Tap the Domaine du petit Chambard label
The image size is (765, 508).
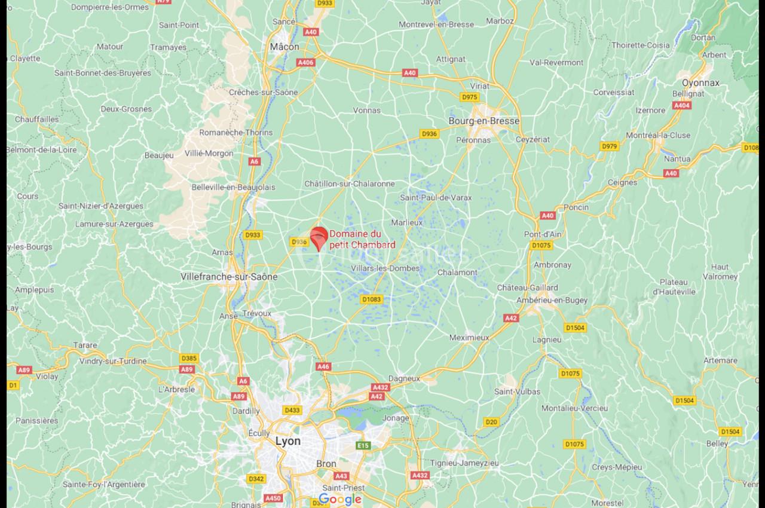coord(362,240)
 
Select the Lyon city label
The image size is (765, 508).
coord(288,441)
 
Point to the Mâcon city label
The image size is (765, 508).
coord(284,46)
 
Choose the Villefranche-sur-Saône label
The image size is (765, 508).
coord(229,277)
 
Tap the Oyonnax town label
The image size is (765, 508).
coord(700,83)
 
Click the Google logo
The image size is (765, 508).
coord(339,499)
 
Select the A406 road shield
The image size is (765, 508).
coord(305,62)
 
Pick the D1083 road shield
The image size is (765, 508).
coord(371,299)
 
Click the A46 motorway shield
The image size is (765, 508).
coord(323,366)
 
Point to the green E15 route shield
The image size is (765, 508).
coord(362,446)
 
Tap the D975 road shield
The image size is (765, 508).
coord(470,97)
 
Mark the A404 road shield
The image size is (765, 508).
coord(682,105)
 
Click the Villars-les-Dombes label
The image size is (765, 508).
coord(385,268)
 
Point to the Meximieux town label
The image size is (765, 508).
coord(469,338)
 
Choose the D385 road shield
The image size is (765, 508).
coord(188,358)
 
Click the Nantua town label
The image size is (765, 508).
coord(677,159)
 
